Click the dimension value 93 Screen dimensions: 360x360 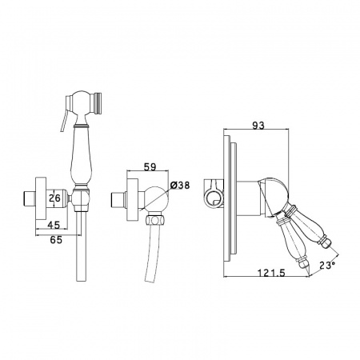[258, 125]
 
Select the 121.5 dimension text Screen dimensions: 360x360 [271, 273]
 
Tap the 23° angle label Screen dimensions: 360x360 [327, 265]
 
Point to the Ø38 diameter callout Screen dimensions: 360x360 [180, 185]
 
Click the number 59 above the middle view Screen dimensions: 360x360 [150, 167]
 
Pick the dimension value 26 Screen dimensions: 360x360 [55, 198]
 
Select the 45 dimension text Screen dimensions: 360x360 [54, 225]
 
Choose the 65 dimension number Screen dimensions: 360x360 [56, 240]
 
